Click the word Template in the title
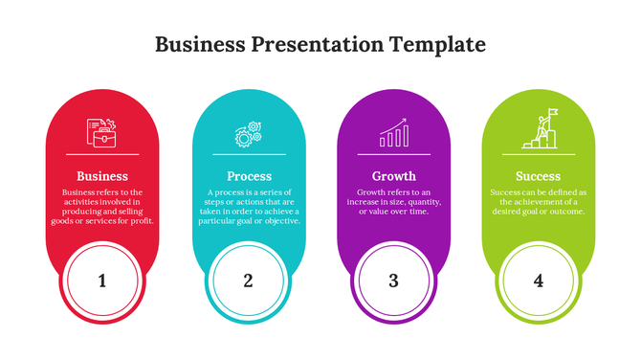click(x=437, y=44)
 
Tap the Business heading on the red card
click(x=102, y=176)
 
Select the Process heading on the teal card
click(x=249, y=176)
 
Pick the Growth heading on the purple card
click(x=393, y=176)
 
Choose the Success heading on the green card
click(x=538, y=176)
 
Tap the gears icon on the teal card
click(x=249, y=134)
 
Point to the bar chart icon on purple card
click(x=393, y=133)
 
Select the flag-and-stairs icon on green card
click(x=538, y=132)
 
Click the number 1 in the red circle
click(x=102, y=281)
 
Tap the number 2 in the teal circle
click(x=248, y=281)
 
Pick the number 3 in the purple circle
click(x=393, y=281)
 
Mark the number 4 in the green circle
click(x=539, y=281)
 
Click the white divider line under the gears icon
click(x=249, y=154)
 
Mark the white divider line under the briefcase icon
click(x=102, y=154)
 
